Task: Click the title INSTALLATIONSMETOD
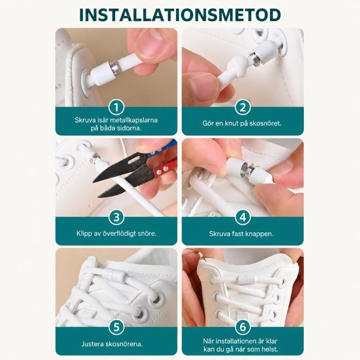pyautogui.click(x=180, y=15)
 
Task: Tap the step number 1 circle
pyautogui.click(x=117, y=107)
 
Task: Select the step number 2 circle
pyautogui.click(x=243, y=107)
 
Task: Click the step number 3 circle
pyautogui.click(x=117, y=217)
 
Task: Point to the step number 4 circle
pyautogui.click(x=243, y=217)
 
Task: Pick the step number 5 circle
pyautogui.click(x=117, y=327)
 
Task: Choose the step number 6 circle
pyautogui.click(x=243, y=327)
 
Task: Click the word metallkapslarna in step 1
pyautogui.click(x=134, y=120)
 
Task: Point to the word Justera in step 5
pyautogui.click(x=93, y=344)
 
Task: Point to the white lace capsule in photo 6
pyautogui.click(x=246, y=279)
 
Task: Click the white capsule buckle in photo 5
pyautogui.click(x=118, y=275)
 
